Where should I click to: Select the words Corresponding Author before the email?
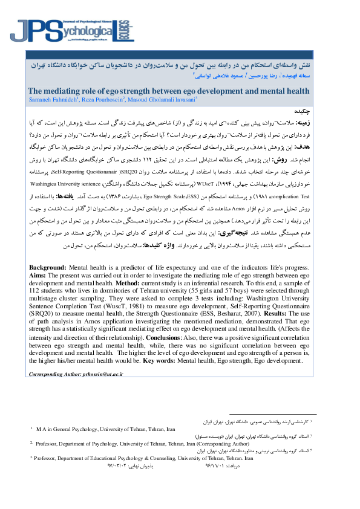[x=58, y=375]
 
